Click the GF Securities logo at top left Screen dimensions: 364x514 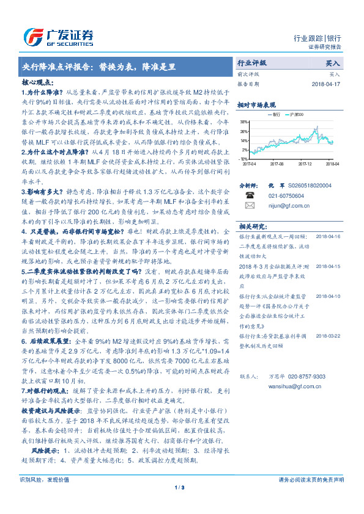[x=58, y=35]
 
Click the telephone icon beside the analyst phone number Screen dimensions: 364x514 [x=250, y=196]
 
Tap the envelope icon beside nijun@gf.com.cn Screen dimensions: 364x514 [x=250, y=206]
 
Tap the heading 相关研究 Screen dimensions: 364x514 [x=251, y=225]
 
